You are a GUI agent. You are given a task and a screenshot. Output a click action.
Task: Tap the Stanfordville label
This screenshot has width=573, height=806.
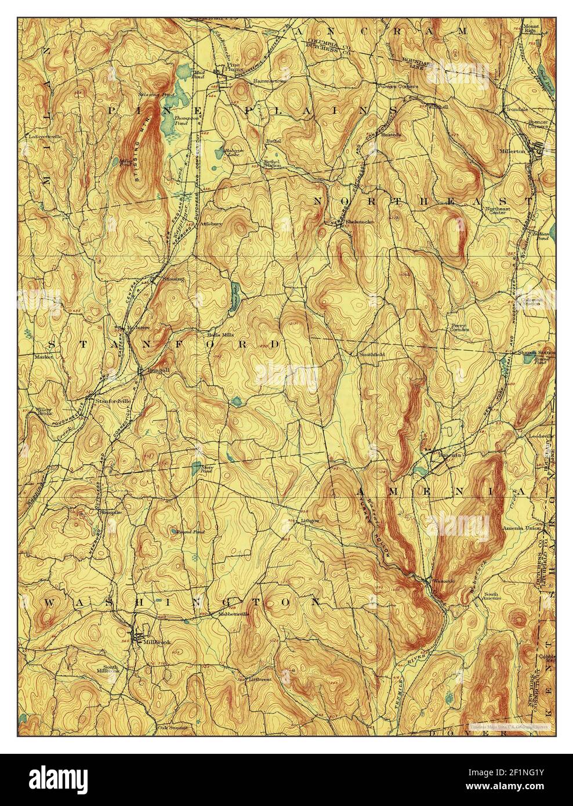pos(110,400)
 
